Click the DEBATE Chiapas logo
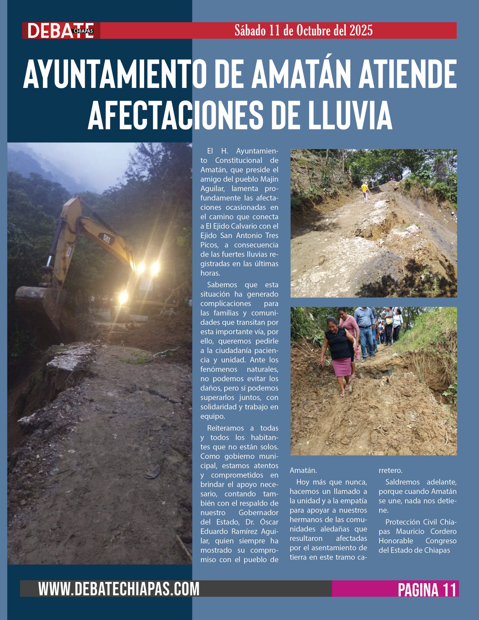point(61,31)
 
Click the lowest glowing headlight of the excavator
point(123,297)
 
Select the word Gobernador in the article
point(258,513)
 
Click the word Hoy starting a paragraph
point(303,482)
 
